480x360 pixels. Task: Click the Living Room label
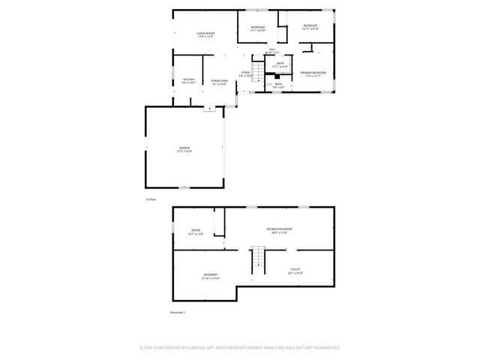tap(205, 34)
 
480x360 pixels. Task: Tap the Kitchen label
tap(188, 81)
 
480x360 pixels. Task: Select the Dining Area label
tap(219, 81)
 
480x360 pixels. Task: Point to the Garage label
tap(184, 148)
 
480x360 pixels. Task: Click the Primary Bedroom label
tap(315, 73)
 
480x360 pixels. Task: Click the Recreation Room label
tap(279, 229)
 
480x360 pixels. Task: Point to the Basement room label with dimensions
tap(210, 276)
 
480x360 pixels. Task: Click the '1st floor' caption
tap(151, 199)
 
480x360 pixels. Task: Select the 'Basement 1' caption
tap(178, 312)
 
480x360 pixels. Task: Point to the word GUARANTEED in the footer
tap(325, 348)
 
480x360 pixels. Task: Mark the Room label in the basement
tap(195, 231)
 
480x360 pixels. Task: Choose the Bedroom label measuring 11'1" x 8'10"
tap(257, 28)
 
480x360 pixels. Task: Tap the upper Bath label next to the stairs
tap(280, 64)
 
